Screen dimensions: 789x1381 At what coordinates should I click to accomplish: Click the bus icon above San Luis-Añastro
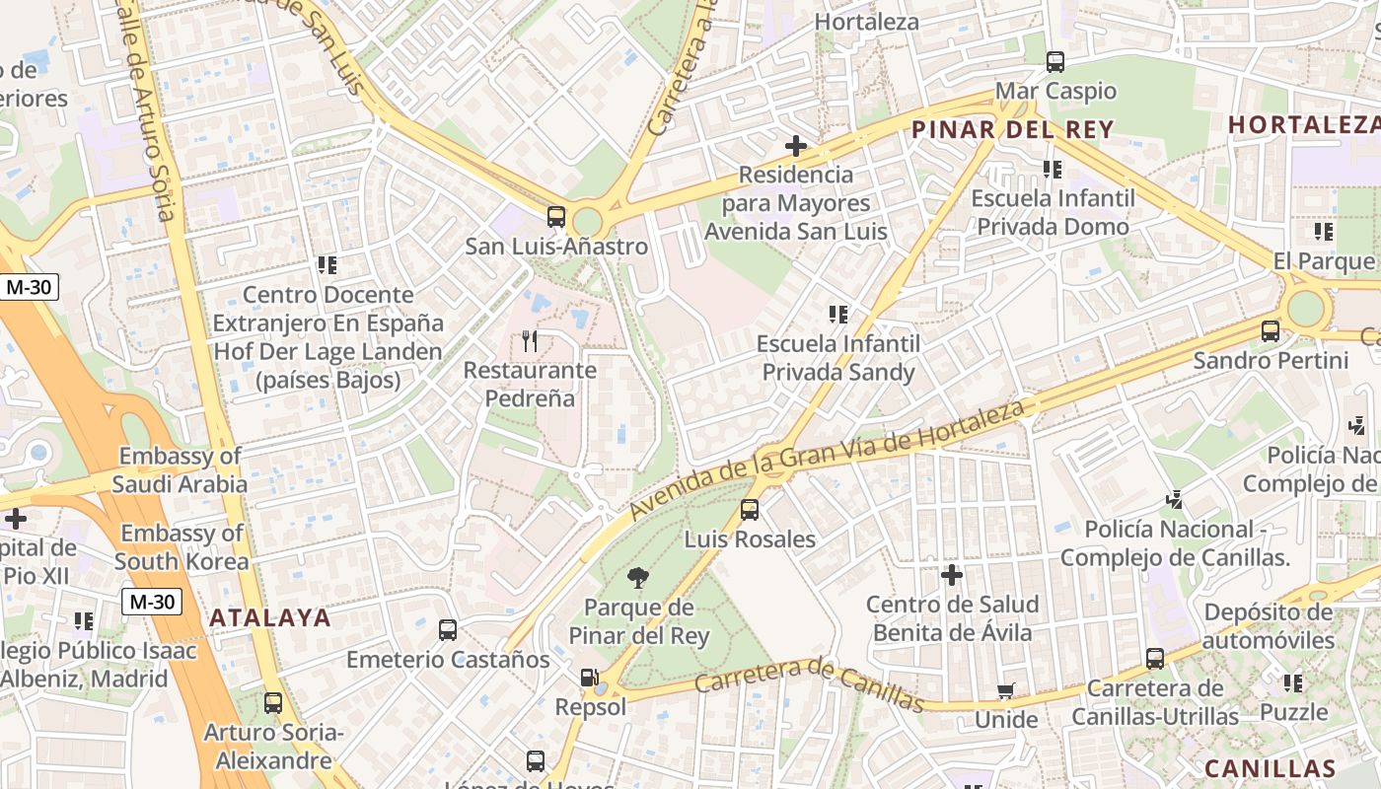pyautogui.click(x=556, y=217)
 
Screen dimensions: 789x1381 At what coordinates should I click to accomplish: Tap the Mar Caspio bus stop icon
pyautogui.click(x=1055, y=62)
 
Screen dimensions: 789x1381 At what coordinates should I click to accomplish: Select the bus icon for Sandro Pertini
pyautogui.click(x=1271, y=331)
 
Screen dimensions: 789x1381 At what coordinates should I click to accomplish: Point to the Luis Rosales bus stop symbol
pyautogui.click(x=750, y=510)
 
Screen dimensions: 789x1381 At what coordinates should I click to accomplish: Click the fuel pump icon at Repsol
pyautogui.click(x=589, y=678)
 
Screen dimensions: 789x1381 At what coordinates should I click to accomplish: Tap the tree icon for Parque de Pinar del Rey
pyautogui.click(x=638, y=578)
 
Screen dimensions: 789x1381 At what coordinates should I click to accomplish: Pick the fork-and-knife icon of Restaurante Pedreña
pyautogui.click(x=531, y=341)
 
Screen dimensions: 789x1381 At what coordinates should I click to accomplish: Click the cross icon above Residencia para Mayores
pyautogui.click(x=796, y=147)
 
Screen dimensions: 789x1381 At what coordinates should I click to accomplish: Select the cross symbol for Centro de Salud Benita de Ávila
pyautogui.click(x=952, y=575)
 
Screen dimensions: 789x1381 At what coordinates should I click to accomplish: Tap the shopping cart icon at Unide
pyautogui.click(x=1005, y=691)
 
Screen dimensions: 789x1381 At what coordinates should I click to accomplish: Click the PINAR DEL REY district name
pyautogui.click(x=1012, y=129)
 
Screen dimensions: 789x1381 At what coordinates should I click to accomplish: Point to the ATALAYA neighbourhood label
pyautogui.click(x=269, y=617)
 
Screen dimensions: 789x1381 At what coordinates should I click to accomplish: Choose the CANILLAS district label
pyautogui.click(x=1270, y=768)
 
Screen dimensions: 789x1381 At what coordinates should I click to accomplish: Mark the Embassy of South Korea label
pyautogui.click(x=182, y=547)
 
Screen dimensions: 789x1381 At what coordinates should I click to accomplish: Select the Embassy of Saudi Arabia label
pyautogui.click(x=180, y=470)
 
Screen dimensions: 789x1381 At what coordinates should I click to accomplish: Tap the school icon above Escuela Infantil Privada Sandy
pyautogui.click(x=838, y=315)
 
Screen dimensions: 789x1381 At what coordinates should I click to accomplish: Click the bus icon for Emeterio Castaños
pyautogui.click(x=448, y=629)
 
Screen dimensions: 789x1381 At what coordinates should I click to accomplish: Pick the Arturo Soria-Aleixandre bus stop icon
pyautogui.click(x=273, y=703)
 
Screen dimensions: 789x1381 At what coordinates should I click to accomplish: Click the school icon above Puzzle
pyautogui.click(x=1293, y=682)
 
